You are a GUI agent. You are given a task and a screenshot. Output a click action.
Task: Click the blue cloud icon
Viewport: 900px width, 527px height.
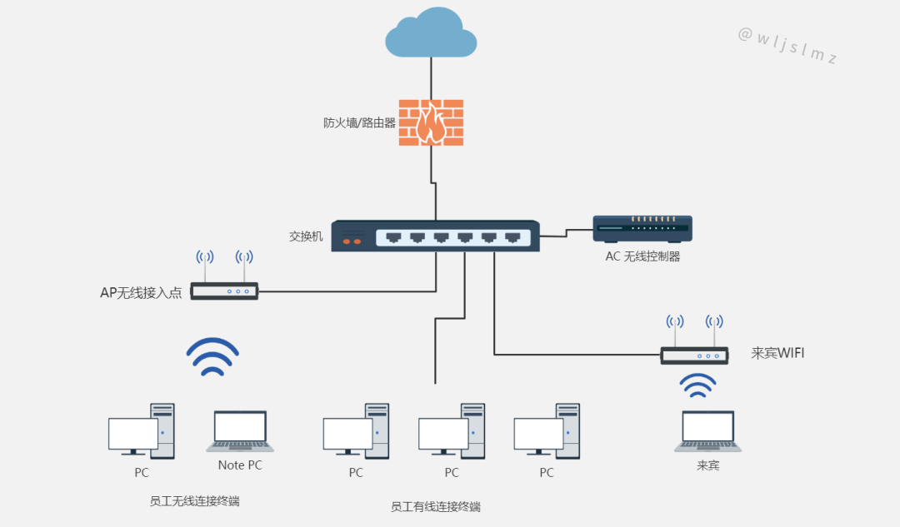[x=431, y=32]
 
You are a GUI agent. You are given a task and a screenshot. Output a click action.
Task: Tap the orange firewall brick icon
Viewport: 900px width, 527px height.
[x=431, y=122]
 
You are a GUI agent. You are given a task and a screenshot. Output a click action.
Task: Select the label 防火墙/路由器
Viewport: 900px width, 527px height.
[x=359, y=122]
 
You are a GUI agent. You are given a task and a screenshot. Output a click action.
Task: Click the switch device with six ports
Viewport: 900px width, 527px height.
[x=436, y=236]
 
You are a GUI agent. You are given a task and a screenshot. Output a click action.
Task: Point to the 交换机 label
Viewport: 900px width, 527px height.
[x=306, y=236]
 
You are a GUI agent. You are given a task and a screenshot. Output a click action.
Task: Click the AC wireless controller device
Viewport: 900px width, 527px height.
[x=642, y=230]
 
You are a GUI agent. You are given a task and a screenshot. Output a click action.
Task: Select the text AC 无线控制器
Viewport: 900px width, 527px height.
[x=642, y=256]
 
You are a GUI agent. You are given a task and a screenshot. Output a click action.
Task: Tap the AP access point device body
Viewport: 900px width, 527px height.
[x=224, y=291]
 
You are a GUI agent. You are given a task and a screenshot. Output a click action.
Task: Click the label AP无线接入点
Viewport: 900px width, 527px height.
[x=141, y=293]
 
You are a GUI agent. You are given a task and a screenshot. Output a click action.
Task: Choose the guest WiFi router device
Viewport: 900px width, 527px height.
[x=694, y=355]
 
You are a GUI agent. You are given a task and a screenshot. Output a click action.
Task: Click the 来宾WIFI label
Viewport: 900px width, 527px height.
[x=777, y=353]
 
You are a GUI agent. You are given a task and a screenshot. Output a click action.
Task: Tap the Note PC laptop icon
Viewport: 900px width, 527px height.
[x=240, y=431]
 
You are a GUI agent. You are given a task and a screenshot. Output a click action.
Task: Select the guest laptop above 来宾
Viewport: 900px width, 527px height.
[x=707, y=431]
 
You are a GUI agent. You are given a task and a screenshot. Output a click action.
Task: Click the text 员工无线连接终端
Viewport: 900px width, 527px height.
[x=194, y=501]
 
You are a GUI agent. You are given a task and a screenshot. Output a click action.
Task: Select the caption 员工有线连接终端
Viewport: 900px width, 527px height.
[x=436, y=507]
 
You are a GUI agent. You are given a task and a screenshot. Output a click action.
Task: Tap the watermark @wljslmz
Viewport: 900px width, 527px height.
[x=787, y=45]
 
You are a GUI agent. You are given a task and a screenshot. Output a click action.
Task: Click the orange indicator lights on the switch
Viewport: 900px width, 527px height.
[x=352, y=241]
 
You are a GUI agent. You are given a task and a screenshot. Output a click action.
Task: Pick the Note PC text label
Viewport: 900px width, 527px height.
[x=240, y=465]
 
